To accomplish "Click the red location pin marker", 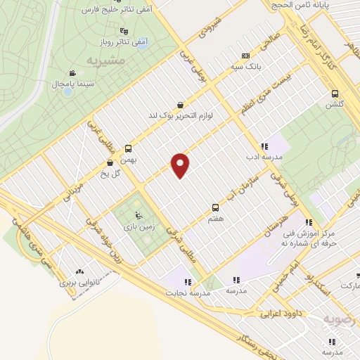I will (181, 165).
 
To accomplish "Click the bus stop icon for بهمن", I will (128, 148).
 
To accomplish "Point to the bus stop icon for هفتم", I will (216, 207).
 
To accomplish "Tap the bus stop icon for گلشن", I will (334, 94).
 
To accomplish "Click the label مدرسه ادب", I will (264, 157).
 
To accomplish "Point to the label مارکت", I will (347, 286).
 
